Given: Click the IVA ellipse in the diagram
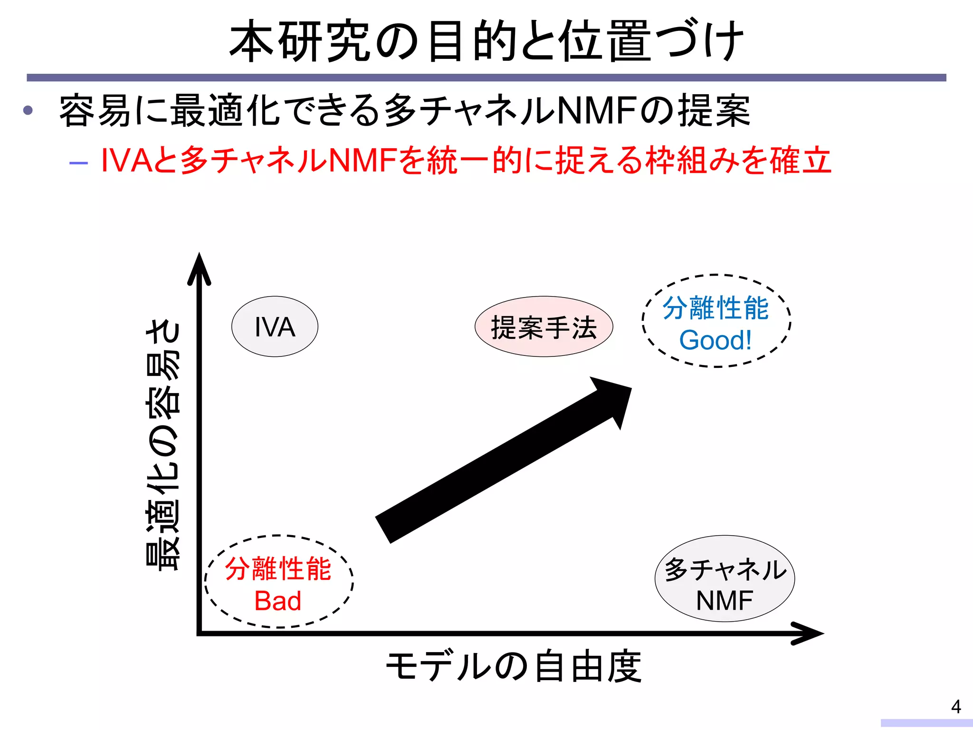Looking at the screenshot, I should pyautogui.click(x=275, y=327).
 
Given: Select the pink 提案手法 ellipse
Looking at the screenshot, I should pyautogui.click(x=544, y=327).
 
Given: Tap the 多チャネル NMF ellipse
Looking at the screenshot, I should pyautogui.click(x=725, y=578).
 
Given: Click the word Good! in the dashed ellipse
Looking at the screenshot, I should pyautogui.click(x=715, y=340).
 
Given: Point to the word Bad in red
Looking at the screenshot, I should pyautogui.click(x=278, y=601).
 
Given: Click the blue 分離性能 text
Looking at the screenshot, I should pyautogui.click(x=715, y=308).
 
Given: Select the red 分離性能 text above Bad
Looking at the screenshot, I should pyautogui.click(x=278, y=569).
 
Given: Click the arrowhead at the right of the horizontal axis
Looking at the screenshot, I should pyautogui.click(x=808, y=633).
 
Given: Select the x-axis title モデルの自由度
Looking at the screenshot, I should pyautogui.click(x=513, y=666).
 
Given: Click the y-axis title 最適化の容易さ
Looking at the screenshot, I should pyautogui.click(x=163, y=444).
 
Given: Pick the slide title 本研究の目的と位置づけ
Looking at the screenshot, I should pyautogui.click(x=486, y=41).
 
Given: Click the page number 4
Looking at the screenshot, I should pyautogui.click(x=956, y=707).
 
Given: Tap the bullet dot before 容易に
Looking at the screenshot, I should pyautogui.click(x=28, y=111).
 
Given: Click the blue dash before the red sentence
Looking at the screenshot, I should pyautogui.click(x=78, y=163).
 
